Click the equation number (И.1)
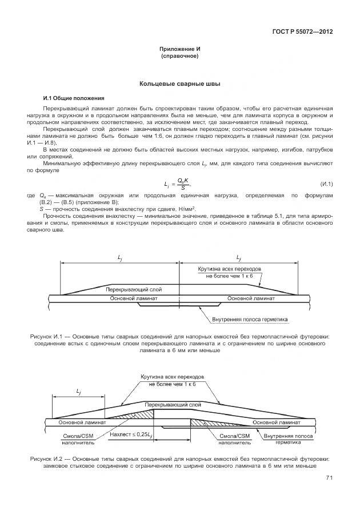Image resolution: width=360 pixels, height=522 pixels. pos(326,184)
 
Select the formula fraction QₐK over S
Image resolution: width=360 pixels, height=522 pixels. pos(182,184)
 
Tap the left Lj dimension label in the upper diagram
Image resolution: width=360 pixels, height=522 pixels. pos(119,258)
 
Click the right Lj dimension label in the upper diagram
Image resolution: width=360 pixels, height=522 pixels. pos(238,258)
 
